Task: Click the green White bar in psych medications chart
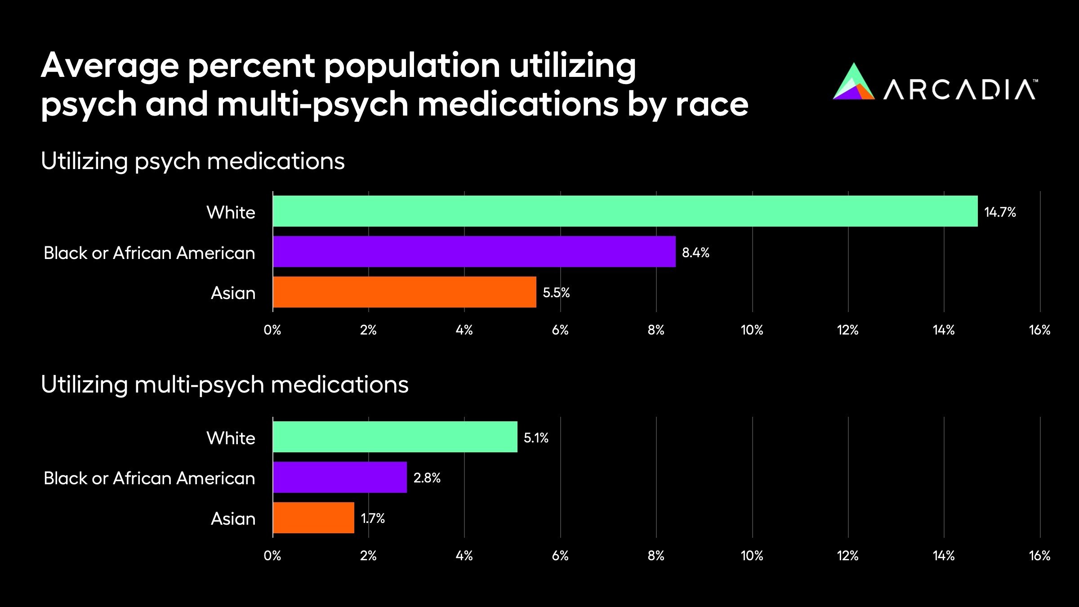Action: point(625,211)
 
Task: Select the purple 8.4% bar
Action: point(474,251)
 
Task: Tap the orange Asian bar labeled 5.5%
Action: point(404,292)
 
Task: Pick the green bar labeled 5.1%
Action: point(395,437)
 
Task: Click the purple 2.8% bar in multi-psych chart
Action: point(339,477)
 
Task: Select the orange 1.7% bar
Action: point(313,518)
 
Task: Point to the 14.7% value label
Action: point(1000,212)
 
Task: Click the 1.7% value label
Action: point(373,518)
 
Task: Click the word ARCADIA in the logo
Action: point(959,89)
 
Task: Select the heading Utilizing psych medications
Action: point(192,161)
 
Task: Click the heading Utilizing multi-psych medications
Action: point(224,385)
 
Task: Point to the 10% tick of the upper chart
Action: point(752,330)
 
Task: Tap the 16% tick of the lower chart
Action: point(1039,556)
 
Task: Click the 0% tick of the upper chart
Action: point(272,330)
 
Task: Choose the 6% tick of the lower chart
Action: point(560,556)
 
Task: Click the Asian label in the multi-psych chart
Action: point(233,519)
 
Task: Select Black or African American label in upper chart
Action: point(149,253)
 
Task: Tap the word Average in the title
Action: point(110,66)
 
